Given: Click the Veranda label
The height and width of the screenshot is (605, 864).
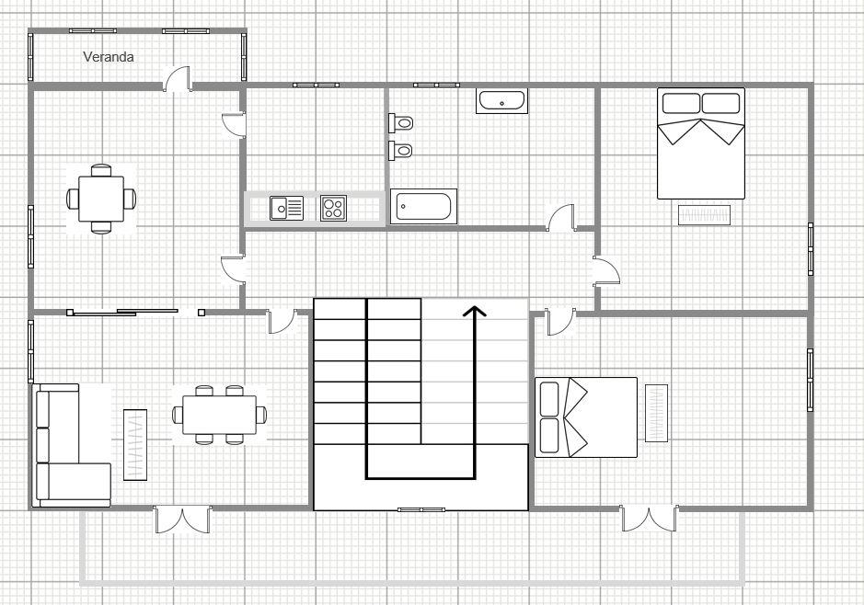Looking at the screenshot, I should [x=109, y=57].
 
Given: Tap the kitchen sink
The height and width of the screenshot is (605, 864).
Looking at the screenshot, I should [x=286, y=209].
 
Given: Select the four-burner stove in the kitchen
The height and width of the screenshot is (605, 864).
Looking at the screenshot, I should [x=333, y=209].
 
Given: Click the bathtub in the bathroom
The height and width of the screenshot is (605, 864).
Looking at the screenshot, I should [x=423, y=207].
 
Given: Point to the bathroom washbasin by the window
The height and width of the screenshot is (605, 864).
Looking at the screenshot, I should [x=501, y=101].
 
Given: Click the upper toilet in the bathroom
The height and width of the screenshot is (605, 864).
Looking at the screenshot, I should [x=401, y=121].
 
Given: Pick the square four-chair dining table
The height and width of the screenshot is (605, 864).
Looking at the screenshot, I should [x=101, y=198].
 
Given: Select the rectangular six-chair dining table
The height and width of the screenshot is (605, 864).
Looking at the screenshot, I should [x=220, y=415].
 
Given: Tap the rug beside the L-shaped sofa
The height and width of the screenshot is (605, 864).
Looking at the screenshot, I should [x=135, y=442].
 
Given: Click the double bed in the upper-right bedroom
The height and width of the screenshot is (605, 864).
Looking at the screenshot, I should [x=700, y=143].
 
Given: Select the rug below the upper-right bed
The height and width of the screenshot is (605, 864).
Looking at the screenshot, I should [x=705, y=215].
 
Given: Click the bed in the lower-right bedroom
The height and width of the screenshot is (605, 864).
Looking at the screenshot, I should [x=586, y=417].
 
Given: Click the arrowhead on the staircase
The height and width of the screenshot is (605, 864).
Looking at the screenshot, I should [x=474, y=312].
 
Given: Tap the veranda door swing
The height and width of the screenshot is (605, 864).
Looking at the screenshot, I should [x=178, y=79].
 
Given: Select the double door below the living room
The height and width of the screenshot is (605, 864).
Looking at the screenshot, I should [x=183, y=519].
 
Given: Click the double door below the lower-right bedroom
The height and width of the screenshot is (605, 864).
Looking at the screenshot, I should [x=651, y=519].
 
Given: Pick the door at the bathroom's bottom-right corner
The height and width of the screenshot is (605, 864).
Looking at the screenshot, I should [x=560, y=218].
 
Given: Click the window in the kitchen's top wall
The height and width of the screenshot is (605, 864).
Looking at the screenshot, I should [x=316, y=86].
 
